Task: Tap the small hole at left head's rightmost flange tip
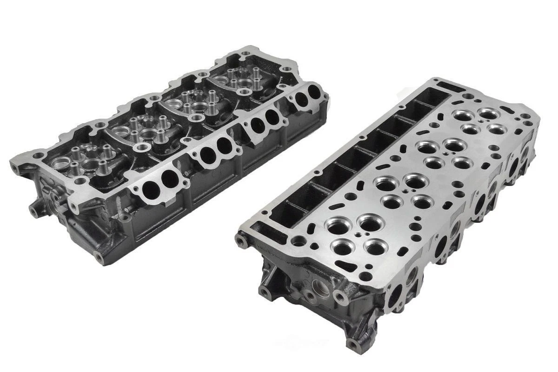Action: pyautogui.click(x=325, y=97)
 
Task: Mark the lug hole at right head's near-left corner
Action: pyautogui.click(x=240, y=240)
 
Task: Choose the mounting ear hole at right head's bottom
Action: pyautogui.click(x=354, y=345)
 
